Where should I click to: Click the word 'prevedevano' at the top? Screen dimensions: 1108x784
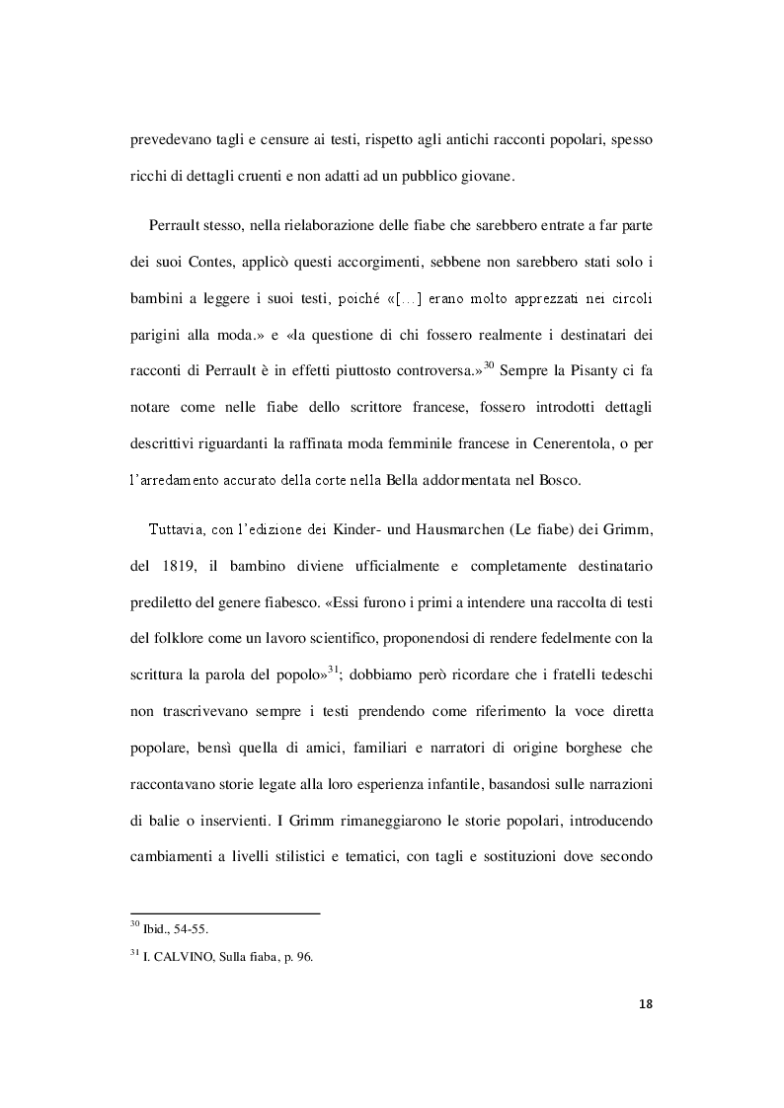click(167, 140)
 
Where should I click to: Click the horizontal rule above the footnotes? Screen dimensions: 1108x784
click(225, 913)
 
